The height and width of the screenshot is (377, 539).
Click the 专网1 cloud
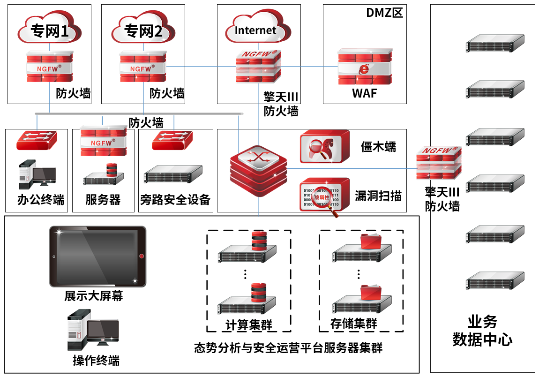click(x=50, y=31)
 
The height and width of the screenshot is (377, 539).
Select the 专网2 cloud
click(x=143, y=31)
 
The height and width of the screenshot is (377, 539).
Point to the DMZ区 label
click(x=384, y=13)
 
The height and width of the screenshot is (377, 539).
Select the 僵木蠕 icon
click(x=324, y=146)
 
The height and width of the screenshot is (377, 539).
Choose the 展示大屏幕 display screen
click(x=97, y=256)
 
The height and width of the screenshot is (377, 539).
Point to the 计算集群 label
click(x=248, y=324)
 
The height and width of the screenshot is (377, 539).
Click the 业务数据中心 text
click(x=482, y=331)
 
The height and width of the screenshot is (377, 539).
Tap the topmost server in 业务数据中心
click(x=494, y=43)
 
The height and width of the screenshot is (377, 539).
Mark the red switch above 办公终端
click(x=37, y=140)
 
